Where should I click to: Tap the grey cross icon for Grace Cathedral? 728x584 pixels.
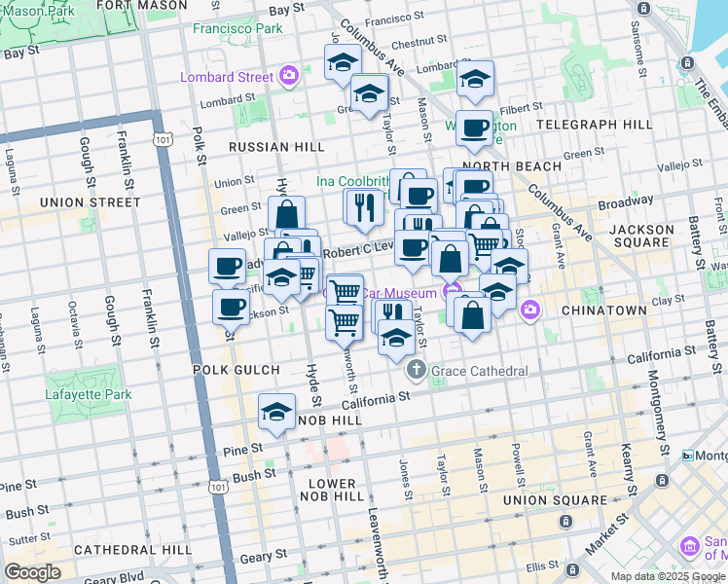point(417,371)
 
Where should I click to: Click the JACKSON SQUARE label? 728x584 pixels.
point(642,237)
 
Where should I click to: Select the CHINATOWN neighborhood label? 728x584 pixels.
point(603,310)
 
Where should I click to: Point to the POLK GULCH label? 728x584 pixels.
point(236,371)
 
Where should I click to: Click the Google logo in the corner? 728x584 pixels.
point(32,572)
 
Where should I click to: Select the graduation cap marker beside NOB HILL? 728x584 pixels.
point(277,414)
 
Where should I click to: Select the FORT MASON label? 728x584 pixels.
point(142,6)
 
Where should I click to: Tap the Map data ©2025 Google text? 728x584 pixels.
point(667,576)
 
